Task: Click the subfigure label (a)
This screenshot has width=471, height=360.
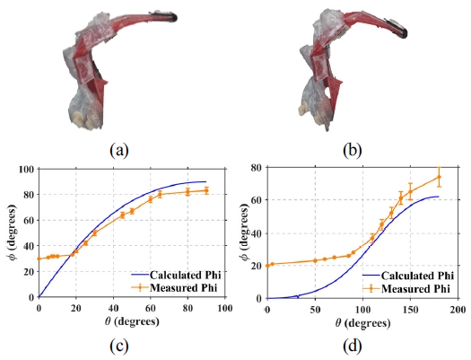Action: coord(118,150)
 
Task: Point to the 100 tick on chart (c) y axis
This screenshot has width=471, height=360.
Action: coord(27,170)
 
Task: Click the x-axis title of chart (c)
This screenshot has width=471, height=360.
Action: coord(129,323)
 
